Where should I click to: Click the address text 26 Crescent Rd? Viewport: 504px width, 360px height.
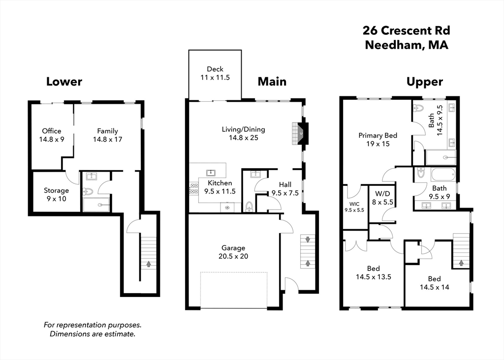click(x=406, y=31)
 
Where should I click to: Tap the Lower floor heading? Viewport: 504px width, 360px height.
click(x=64, y=82)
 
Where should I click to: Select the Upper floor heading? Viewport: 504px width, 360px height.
click(x=424, y=82)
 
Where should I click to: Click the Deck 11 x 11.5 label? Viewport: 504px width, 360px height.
click(x=215, y=73)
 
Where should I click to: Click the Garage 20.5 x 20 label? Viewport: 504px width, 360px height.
click(x=233, y=252)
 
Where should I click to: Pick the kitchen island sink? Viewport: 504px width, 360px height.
click(x=211, y=172)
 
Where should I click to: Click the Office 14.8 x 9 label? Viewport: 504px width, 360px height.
click(x=52, y=135)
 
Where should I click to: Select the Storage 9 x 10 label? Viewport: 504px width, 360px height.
click(x=56, y=194)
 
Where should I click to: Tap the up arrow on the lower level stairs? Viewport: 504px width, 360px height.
click(x=148, y=264)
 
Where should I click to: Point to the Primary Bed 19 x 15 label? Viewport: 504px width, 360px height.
click(x=378, y=140)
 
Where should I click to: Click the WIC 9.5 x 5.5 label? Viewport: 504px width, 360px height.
click(x=354, y=207)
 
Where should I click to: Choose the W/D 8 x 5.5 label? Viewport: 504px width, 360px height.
click(x=382, y=197)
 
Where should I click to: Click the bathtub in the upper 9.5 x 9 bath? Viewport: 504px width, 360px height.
click(x=443, y=175)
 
